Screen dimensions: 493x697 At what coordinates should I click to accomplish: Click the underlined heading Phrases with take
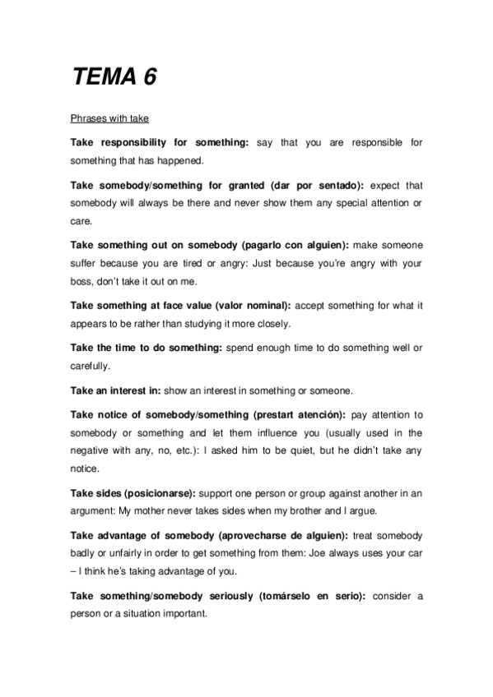[x=109, y=120]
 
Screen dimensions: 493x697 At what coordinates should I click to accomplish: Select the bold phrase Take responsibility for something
[x=160, y=142]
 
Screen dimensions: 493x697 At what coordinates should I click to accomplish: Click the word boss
[x=83, y=281]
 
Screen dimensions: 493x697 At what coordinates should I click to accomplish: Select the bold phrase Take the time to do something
[x=147, y=348]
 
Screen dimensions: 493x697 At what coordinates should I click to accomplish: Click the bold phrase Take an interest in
[x=116, y=390]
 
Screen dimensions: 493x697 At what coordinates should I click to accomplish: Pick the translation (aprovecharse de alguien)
[x=280, y=535]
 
